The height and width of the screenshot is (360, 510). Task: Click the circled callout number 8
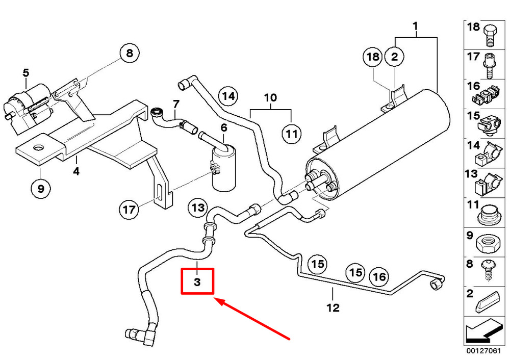point(129,53)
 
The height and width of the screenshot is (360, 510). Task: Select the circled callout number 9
point(41,189)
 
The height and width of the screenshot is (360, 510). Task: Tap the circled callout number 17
point(130,209)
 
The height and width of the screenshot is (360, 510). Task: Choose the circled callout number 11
point(291,135)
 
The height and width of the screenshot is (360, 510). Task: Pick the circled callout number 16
point(378,277)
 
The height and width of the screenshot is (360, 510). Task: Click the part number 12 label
point(333,307)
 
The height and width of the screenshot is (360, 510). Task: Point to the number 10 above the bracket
point(270,97)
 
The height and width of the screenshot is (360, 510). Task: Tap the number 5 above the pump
point(26,72)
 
